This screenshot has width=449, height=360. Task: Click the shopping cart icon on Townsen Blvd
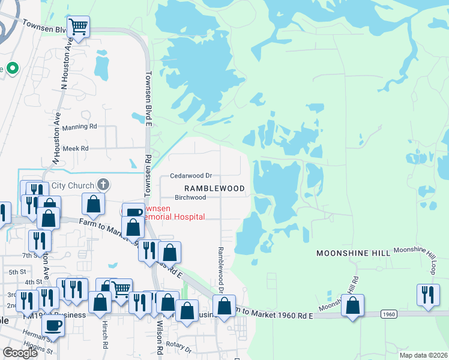pyautogui.click(x=79, y=27)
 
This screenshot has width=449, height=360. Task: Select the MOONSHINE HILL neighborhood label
pyautogui.click(x=353, y=254)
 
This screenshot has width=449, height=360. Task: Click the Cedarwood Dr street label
pyautogui.click(x=191, y=176)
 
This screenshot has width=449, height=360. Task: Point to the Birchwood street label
pyautogui.click(x=190, y=197)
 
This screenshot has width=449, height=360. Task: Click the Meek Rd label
pyautogui.click(x=76, y=148)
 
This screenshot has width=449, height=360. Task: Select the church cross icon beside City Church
pyautogui.click(x=103, y=184)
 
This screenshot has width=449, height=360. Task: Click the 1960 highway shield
pyautogui.click(x=389, y=314)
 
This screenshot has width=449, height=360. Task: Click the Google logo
pyautogui.click(x=20, y=353)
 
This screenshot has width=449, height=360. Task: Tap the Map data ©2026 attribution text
pyautogui.click(x=424, y=355)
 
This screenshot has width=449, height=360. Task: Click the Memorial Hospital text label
pyautogui.click(x=172, y=217)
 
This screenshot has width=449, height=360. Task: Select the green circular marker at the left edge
pyautogui.click(x=12, y=68)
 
